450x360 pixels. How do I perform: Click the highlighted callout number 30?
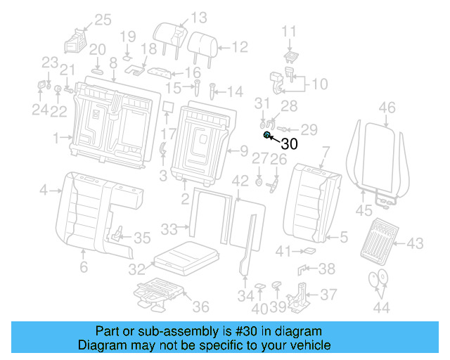point(290,144)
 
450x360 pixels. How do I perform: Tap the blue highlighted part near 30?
point(267,134)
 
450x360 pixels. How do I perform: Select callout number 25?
point(103,20)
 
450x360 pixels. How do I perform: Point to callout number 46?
point(387,108)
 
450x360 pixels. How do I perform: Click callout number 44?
point(382,307)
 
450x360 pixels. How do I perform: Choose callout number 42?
point(240,181)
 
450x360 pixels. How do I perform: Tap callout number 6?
point(83,267)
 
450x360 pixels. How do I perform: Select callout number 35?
point(141,238)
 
